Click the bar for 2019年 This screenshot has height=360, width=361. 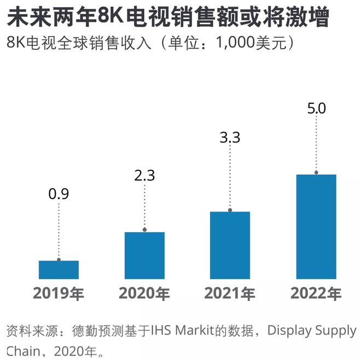59,269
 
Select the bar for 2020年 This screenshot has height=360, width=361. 144,255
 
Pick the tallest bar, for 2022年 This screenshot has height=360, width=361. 316,226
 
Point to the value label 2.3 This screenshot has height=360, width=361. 144,175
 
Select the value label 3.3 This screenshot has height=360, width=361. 230,138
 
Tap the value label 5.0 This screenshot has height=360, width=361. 316,108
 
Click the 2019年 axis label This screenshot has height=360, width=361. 59,294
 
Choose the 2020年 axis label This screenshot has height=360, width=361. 144,294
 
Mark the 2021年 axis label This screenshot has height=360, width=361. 230,294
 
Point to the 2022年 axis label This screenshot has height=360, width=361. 316,294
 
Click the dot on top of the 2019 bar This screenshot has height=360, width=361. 59,259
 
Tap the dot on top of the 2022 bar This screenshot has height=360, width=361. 316,173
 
